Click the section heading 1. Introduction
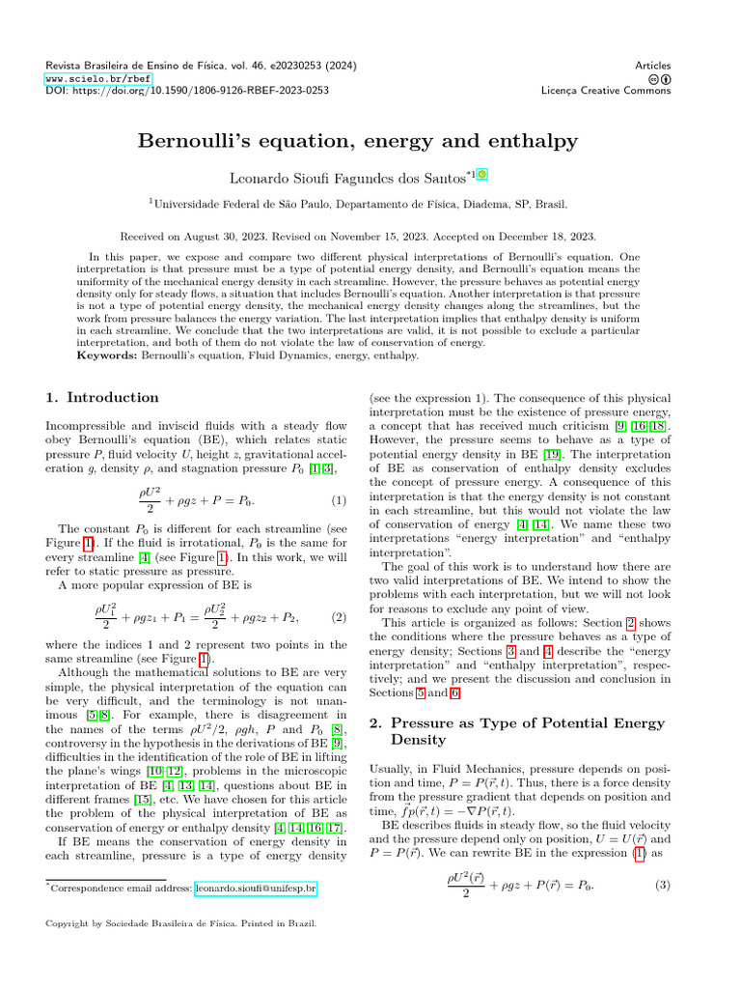point(103,397)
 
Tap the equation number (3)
point(662,886)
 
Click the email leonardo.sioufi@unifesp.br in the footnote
point(257,888)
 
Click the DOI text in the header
point(187,90)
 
